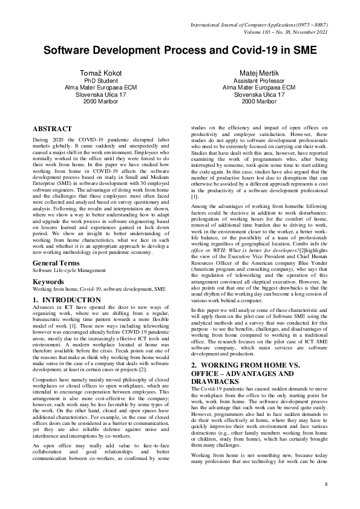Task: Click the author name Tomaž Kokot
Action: (101, 73)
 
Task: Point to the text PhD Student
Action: (101, 80)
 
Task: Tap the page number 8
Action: (326, 484)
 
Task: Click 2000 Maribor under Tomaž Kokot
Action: (101, 102)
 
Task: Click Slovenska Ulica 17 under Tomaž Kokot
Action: (101, 95)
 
